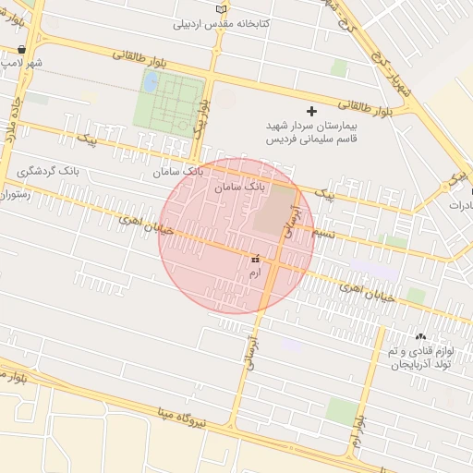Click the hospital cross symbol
[310, 111]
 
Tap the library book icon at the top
[220, 9]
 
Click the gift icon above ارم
[255, 260]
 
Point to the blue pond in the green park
[149, 81]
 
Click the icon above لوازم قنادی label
[422, 337]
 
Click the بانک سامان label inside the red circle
[239, 187]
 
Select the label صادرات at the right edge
[460, 205]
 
